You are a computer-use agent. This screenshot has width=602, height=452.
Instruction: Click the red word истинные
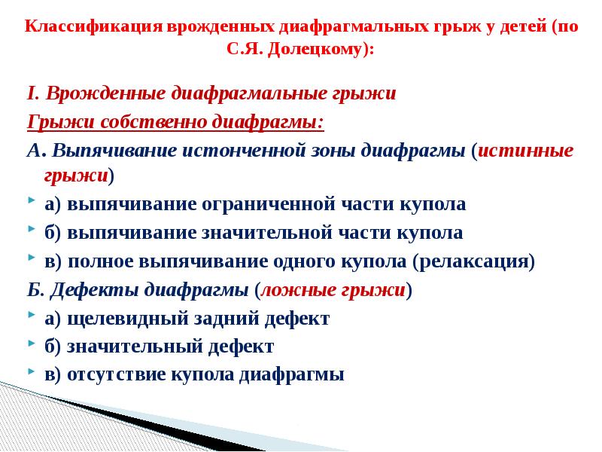tap(525, 149)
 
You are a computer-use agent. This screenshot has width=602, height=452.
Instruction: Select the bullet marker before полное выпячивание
tap(30, 259)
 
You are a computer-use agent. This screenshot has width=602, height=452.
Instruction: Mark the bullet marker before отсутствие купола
tap(30, 372)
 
